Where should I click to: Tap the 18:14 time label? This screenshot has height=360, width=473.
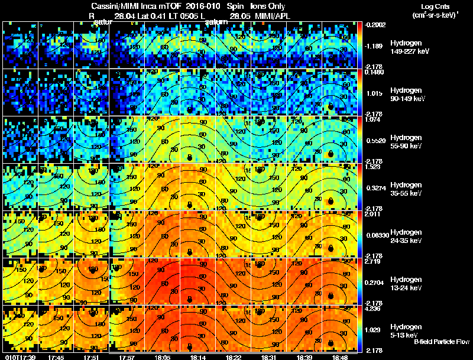198,356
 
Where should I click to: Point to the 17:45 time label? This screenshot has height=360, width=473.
57,356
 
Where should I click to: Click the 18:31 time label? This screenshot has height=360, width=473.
270,356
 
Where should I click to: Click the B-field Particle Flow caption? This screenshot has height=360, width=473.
441,342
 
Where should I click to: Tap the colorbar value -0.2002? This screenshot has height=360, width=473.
375,25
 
